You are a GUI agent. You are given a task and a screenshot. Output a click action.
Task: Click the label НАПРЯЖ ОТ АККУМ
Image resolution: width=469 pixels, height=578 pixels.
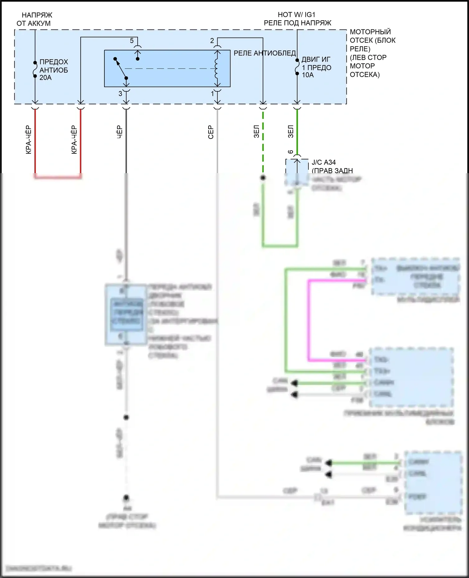34,19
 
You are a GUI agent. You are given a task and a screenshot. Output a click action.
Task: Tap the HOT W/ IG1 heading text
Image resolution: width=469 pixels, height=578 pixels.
296,15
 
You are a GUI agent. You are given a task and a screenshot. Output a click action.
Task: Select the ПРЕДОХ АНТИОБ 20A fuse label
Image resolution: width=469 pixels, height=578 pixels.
53,70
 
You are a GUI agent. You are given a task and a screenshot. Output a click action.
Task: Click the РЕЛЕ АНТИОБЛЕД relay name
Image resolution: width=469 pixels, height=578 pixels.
265,53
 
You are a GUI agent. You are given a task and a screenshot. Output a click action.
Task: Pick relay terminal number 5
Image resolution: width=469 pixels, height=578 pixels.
132,41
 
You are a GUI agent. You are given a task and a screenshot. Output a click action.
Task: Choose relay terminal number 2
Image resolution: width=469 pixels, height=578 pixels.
212,41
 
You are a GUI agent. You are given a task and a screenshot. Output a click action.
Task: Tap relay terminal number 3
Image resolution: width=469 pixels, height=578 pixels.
120,93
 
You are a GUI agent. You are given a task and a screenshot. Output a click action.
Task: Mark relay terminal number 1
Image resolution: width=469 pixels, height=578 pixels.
213,93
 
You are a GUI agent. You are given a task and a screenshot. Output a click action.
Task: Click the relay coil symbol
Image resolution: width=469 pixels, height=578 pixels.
216,69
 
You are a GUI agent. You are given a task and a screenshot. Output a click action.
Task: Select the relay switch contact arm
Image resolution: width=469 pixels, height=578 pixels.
121,68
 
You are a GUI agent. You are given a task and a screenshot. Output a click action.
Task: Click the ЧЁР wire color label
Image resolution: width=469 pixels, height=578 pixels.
119,132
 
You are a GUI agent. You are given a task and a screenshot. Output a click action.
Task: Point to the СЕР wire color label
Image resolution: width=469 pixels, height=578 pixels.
211,132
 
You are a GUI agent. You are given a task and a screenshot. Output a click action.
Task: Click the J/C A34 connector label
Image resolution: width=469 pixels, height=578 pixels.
324,163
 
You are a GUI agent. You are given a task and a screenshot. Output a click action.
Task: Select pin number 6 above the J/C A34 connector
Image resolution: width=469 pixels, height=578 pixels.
290,152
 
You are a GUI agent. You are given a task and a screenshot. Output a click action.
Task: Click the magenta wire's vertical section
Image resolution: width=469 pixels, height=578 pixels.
309,319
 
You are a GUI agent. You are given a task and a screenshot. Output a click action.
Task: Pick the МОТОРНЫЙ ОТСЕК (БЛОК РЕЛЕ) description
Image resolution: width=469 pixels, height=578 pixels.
372,53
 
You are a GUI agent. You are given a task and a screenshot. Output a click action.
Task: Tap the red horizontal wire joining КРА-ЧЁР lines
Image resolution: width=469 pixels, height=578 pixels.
58,177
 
